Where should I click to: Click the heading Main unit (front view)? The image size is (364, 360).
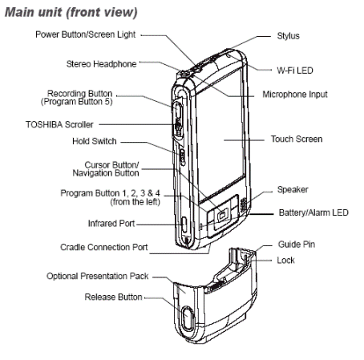tap(71, 13)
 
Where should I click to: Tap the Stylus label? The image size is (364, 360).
tap(288, 36)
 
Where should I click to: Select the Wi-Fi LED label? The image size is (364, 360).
tap(295, 71)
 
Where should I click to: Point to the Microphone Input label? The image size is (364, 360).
tap(295, 95)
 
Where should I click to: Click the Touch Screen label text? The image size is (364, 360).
tap(297, 139)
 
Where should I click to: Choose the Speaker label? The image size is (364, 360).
tap(293, 189)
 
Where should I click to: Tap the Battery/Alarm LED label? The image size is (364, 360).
tap(313, 212)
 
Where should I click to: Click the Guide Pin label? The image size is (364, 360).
tap(297, 244)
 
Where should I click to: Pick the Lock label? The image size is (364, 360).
tap(285, 260)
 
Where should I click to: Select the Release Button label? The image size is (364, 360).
tap(113, 297)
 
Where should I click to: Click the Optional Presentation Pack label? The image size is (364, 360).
tap(98, 276)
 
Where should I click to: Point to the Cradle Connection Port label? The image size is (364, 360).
tap(104, 247)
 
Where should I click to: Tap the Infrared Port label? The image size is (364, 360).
tap(111, 224)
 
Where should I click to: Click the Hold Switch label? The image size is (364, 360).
tap(95, 141)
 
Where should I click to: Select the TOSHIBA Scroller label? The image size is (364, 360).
tap(59, 124)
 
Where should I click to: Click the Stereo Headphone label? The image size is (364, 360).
tap(101, 64)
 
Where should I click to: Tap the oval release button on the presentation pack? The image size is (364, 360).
tap(188, 318)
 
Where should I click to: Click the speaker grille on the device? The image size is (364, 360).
tap(243, 205)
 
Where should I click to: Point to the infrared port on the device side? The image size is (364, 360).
tap(184, 224)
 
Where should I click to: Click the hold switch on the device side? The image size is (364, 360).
tap(183, 157)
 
